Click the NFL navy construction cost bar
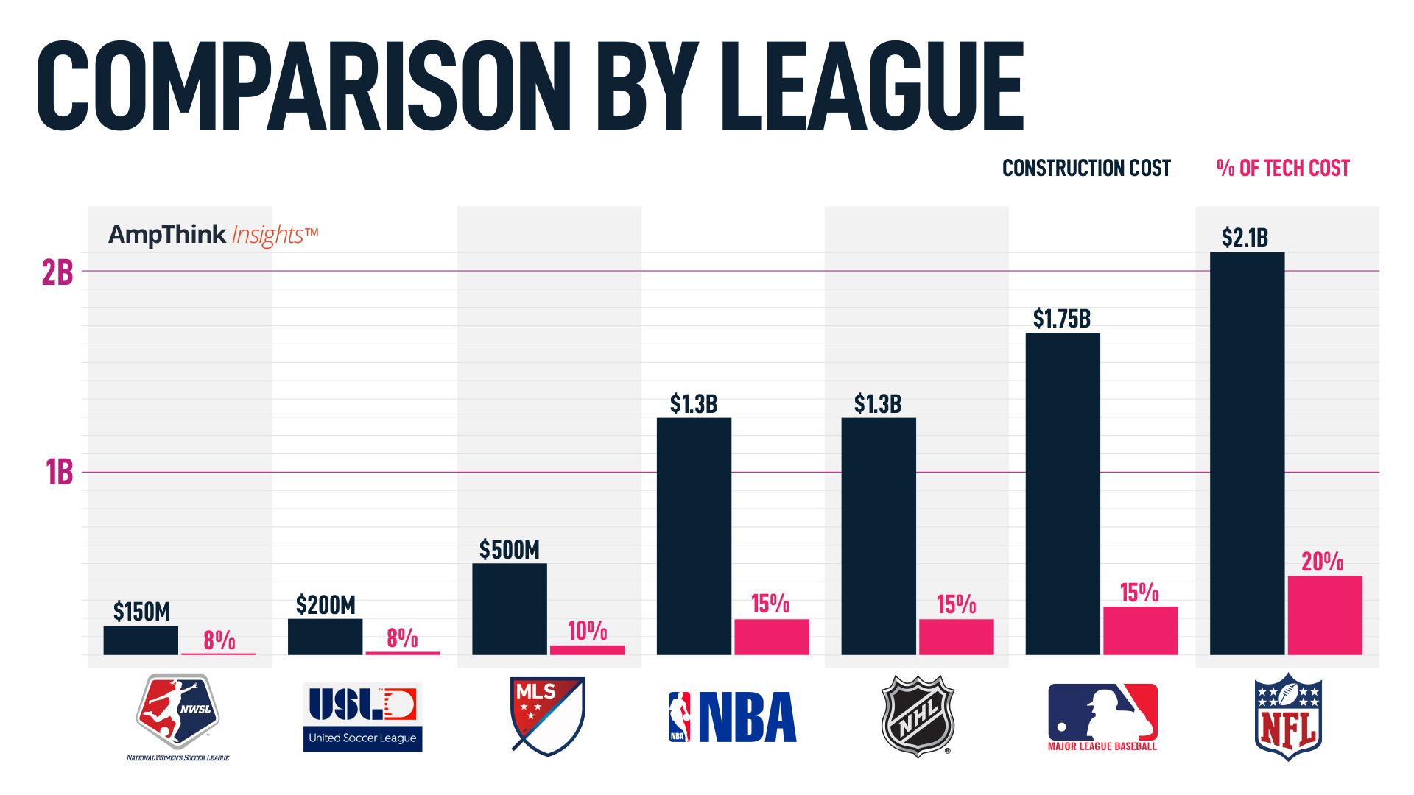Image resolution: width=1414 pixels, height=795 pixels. (x=1247, y=453)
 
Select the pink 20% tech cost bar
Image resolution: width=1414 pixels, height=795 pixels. (x=1324, y=615)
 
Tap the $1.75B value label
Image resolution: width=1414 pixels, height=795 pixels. (x=1061, y=319)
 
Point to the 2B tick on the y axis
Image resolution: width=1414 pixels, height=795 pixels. (x=57, y=273)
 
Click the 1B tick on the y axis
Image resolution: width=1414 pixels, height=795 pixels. (x=59, y=473)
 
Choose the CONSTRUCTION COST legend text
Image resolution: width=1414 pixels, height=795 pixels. (x=1086, y=169)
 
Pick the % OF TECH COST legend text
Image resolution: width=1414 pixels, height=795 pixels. (x=1283, y=169)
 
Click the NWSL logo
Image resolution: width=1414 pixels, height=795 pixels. (x=177, y=714)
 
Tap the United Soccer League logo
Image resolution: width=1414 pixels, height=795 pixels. (x=362, y=717)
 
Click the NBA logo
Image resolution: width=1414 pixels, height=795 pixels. (x=733, y=717)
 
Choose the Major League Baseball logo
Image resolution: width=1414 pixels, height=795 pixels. (x=1102, y=716)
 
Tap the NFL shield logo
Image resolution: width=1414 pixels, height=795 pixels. (x=1288, y=716)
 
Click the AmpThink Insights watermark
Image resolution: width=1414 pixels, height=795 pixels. (x=213, y=235)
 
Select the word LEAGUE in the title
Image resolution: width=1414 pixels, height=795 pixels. (x=873, y=86)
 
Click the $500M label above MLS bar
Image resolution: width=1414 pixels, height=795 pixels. (x=509, y=550)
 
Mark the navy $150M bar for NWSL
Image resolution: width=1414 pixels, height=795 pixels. (x=141, y=640)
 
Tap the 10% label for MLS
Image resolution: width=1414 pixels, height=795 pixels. (x=587, y=631)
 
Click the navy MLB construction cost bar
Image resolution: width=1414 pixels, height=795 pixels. (x=1063, y=493)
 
